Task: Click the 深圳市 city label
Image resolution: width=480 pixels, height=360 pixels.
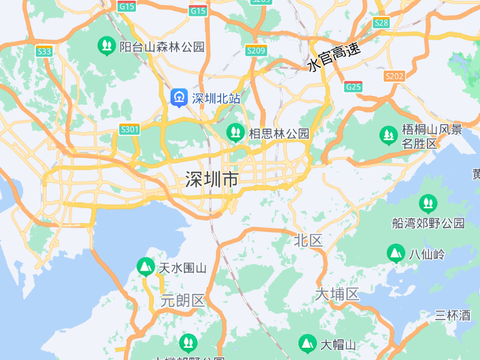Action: (212, 180)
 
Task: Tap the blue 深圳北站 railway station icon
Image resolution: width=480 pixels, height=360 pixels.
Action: (179, 98)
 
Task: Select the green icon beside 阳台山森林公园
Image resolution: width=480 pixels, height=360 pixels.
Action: (106, 46)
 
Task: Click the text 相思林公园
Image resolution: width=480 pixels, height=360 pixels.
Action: (279, 133)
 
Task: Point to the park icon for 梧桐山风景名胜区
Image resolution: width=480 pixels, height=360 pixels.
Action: (389, 135)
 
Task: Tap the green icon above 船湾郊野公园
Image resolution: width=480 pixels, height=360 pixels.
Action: (428, 203)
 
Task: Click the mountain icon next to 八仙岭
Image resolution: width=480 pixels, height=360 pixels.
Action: (396, 254)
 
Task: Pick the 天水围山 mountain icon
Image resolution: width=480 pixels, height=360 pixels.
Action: (145, 267)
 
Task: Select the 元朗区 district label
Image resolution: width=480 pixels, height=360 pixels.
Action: (182, 300)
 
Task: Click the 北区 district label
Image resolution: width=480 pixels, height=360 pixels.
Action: (308, 240)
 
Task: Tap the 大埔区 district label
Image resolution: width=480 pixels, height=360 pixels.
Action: (337, 294)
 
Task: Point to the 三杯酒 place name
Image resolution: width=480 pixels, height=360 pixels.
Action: (453, 315)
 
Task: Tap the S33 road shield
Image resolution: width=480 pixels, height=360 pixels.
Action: (45, 51)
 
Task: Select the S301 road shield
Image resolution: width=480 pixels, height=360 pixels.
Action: (129, 129)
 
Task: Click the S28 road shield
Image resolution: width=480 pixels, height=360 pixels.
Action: (381, 22)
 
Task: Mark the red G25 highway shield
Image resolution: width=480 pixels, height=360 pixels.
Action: (354, 86)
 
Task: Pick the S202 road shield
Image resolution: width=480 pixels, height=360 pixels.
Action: (394, 76)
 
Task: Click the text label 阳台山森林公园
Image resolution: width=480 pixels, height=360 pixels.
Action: (162, 47)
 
